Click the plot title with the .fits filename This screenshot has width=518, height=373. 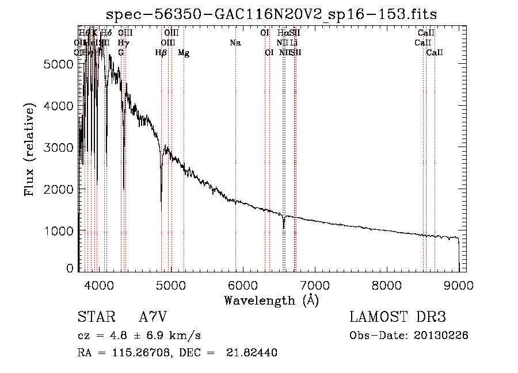tap(276, 14)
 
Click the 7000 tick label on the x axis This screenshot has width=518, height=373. tap(315, 284)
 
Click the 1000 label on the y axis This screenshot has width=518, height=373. tap(57, 230)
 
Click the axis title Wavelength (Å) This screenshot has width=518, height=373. tap(271, 300)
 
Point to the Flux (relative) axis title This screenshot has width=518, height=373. tap(29, 149)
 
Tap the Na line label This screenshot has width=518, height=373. tap(235, 43)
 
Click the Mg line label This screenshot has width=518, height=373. tap(184, 53)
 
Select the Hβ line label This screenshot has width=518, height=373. tap(161, 53)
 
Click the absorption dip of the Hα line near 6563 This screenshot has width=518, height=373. tap(283, 227)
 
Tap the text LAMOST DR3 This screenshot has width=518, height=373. tap(398, 317)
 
